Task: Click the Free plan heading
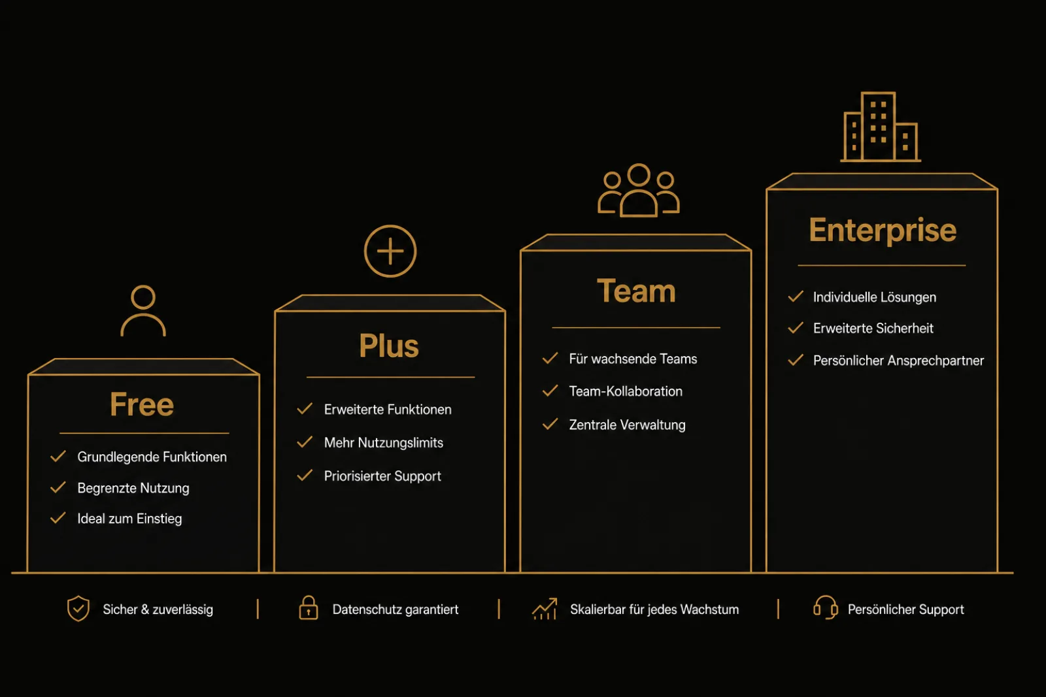pos(142,404)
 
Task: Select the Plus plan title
pos(389,346)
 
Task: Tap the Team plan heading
pos(636,291)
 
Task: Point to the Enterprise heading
pos(883,230)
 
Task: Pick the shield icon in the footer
pos(78,608)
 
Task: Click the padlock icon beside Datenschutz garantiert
pos(308,608)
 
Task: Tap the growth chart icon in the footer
pos(545,609)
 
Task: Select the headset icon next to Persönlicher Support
pos(826,608)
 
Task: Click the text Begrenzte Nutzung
pos(133,488)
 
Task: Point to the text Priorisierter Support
pos(382,476)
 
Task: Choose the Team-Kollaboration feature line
pos(626,391)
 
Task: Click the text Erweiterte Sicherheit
pos(873,329)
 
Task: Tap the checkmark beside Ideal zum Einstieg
pos(58,518)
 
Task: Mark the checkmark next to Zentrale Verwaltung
pos(550,423)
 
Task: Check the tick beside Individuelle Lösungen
pos(796,297)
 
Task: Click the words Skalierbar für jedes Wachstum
pos(654,609)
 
